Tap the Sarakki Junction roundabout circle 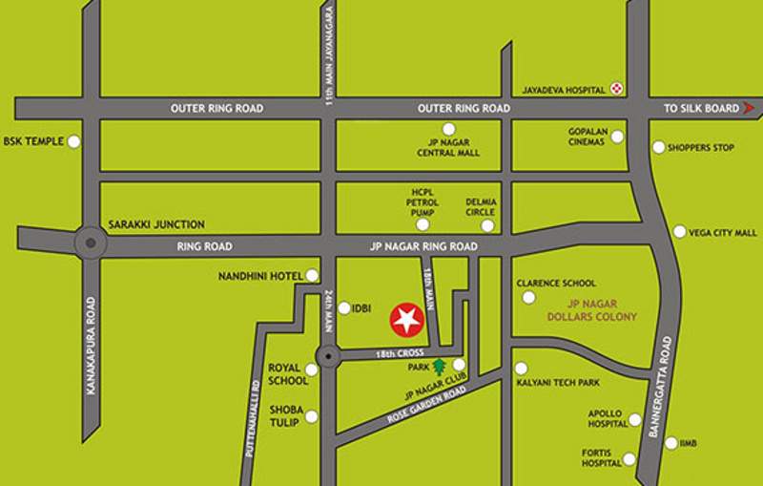click(x=90, y=243)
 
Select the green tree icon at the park click(x=440, y=365)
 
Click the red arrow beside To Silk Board click(x=749, y=108)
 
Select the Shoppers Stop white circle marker click(x=658, y=147)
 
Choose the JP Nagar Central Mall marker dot click(x=448, y=130)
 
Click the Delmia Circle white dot click(x=487, y=226)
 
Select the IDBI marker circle click(x=343, y=308)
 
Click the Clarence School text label click(x=556, y=284)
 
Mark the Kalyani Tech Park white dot click(x=521, y=369)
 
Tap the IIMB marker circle click(x=671, y=443)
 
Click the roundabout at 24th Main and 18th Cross click(x=327, y=359)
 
